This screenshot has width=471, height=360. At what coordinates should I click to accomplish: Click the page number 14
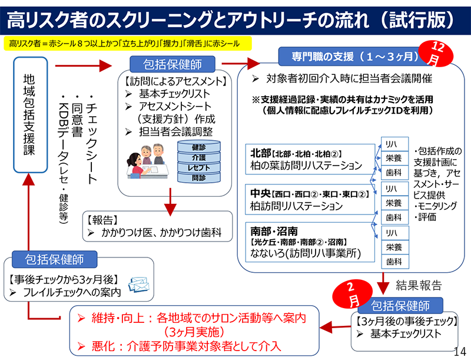[460, 351]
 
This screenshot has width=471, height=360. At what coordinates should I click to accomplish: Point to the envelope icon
[139, 285]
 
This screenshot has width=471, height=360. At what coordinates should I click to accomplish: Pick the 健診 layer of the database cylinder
[198, 147]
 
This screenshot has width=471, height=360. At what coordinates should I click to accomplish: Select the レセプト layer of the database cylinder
[198, 168]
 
